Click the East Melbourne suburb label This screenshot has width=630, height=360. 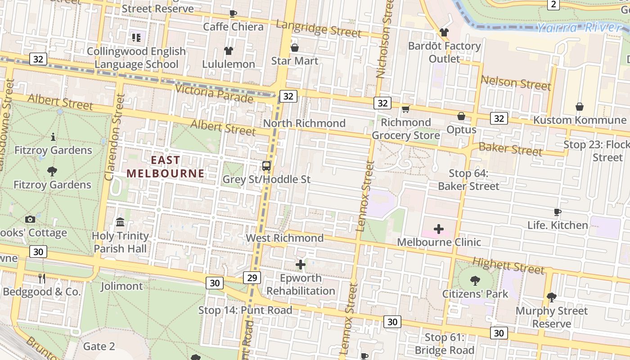(165, 166)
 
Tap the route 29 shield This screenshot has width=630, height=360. (252, 278)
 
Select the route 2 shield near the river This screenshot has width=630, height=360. (553, 4)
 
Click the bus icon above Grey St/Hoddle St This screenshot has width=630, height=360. (266, 166)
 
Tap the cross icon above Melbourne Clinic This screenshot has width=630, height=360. (439, 229)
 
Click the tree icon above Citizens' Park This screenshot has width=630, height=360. (475, 281)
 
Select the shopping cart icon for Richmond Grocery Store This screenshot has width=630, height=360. (405, 109)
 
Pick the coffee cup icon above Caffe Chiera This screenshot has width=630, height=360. (233, 13)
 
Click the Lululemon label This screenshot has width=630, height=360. (229, 64)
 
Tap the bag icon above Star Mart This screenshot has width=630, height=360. (295, 47)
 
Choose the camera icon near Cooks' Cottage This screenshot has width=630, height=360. (30, 219)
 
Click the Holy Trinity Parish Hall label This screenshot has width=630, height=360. (120, 242)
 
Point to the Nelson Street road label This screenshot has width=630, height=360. (516, 82)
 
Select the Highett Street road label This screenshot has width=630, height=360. (508, 265)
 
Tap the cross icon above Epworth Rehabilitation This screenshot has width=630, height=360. (301, 265)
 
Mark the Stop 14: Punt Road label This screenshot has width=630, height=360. (245, 310)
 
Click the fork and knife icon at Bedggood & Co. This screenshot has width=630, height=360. (42, 279)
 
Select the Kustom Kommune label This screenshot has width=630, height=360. (580, 120)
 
